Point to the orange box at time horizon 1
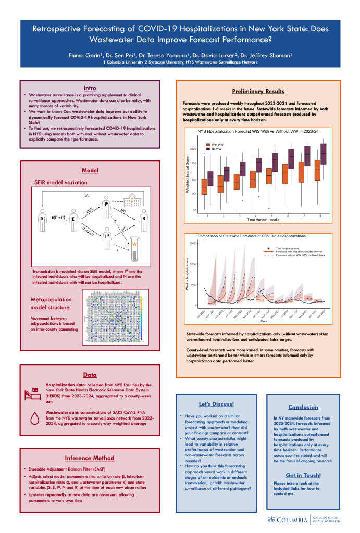[x=205, y=187]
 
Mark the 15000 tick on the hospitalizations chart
[x=193, y=243]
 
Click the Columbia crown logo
[x=271, y=519]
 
